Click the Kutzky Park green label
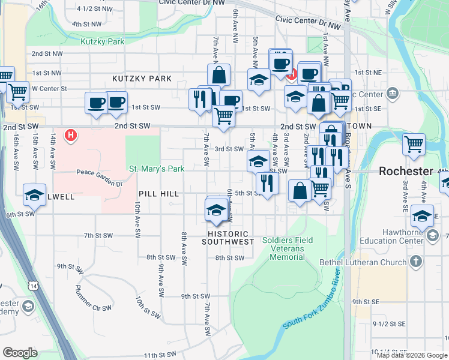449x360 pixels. (x=102, y=41)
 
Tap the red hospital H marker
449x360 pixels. (x=71, y=135)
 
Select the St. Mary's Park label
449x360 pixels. (x=157, y=169)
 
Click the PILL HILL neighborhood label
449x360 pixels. (x=158, y=194)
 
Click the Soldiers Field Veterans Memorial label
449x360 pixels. (x=283, y=248)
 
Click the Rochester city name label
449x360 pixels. (x=406, y=171)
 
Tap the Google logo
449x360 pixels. (x=20, y=353)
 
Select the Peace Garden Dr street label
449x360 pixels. (x=99, y=173)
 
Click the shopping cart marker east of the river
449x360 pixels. (x=414, y=144)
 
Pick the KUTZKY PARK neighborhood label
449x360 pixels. (x=142, y=79)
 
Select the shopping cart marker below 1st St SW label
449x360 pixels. (x=223, y=115)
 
